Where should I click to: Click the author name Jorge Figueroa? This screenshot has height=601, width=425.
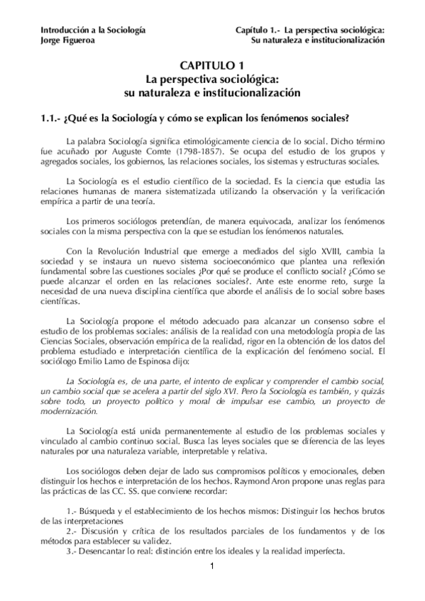(x=65, y=40)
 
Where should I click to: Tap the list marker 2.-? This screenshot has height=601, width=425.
(x=72, y=531)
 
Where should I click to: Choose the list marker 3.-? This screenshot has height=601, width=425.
(x=72, y=551)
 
